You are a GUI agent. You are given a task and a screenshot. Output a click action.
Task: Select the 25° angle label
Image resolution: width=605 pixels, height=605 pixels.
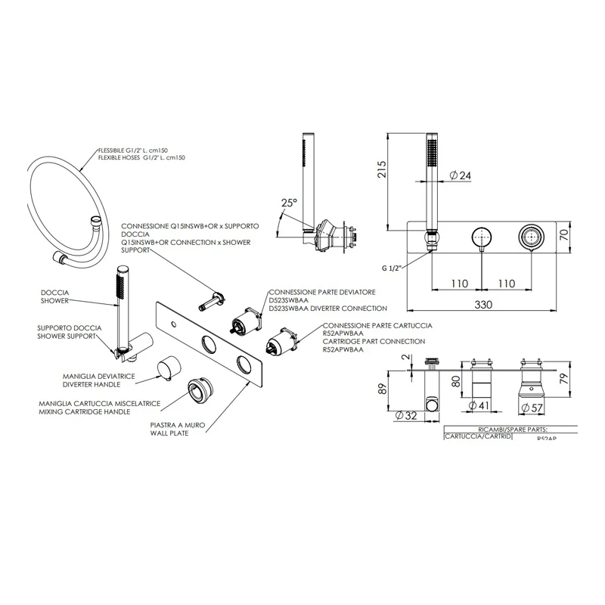(290, 203)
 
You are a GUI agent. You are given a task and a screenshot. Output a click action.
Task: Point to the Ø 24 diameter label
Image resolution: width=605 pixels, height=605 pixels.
(461, 175)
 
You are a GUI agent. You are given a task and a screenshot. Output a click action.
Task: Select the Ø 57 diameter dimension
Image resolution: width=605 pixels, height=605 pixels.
(534, 408)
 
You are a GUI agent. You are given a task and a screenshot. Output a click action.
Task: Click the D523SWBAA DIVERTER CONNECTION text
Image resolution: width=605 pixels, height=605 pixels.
(328, 309)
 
